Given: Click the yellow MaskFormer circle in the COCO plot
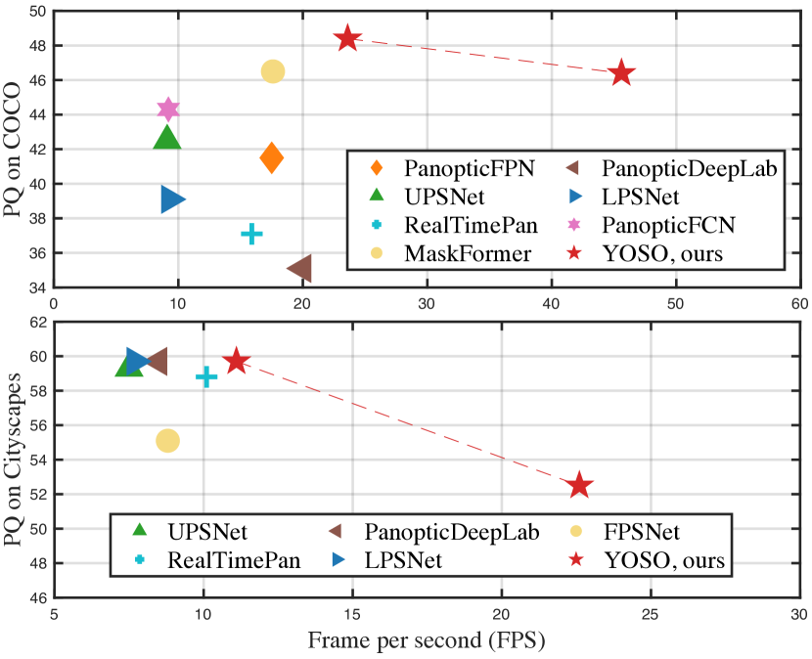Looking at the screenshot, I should click(273, 71).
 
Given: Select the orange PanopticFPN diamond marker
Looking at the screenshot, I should click(272, 157).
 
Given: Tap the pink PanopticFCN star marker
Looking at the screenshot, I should click(168, 109).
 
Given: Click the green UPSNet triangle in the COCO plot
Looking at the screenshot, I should click(167, 138).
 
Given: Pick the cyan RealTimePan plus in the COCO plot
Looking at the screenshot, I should click(251, 234).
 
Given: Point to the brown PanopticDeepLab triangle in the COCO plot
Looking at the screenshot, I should click(299, 268).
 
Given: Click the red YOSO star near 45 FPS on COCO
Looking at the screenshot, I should click(621, 73).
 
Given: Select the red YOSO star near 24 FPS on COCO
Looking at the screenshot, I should click(348, 39).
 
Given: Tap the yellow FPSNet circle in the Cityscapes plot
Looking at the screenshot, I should click(168, 441).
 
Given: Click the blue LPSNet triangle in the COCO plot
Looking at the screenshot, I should click(173, 199).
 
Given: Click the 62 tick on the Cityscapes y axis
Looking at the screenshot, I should click(37, 322).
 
